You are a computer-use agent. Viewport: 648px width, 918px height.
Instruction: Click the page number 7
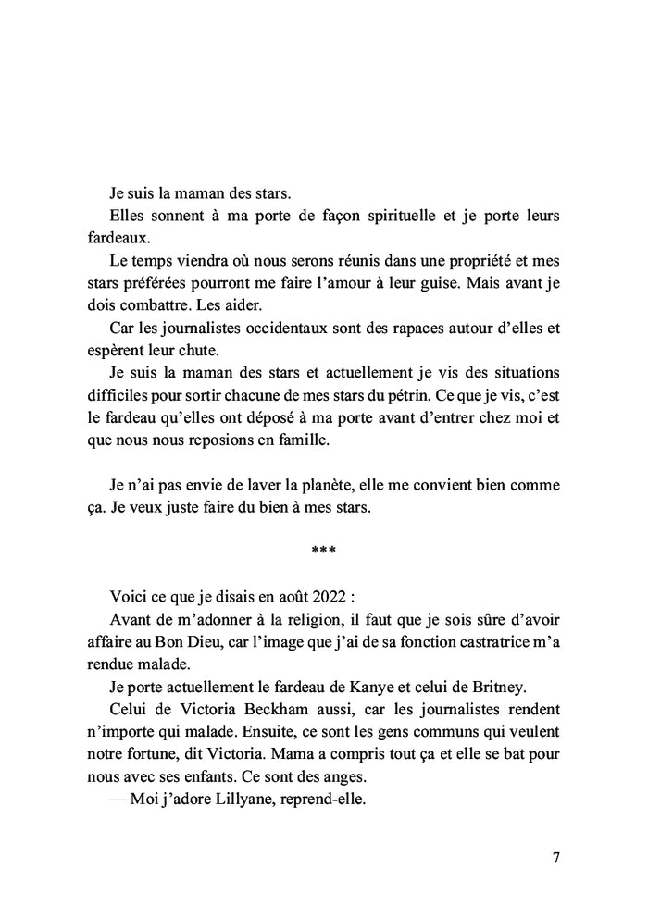pyautogui.click(x=555, y=856)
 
